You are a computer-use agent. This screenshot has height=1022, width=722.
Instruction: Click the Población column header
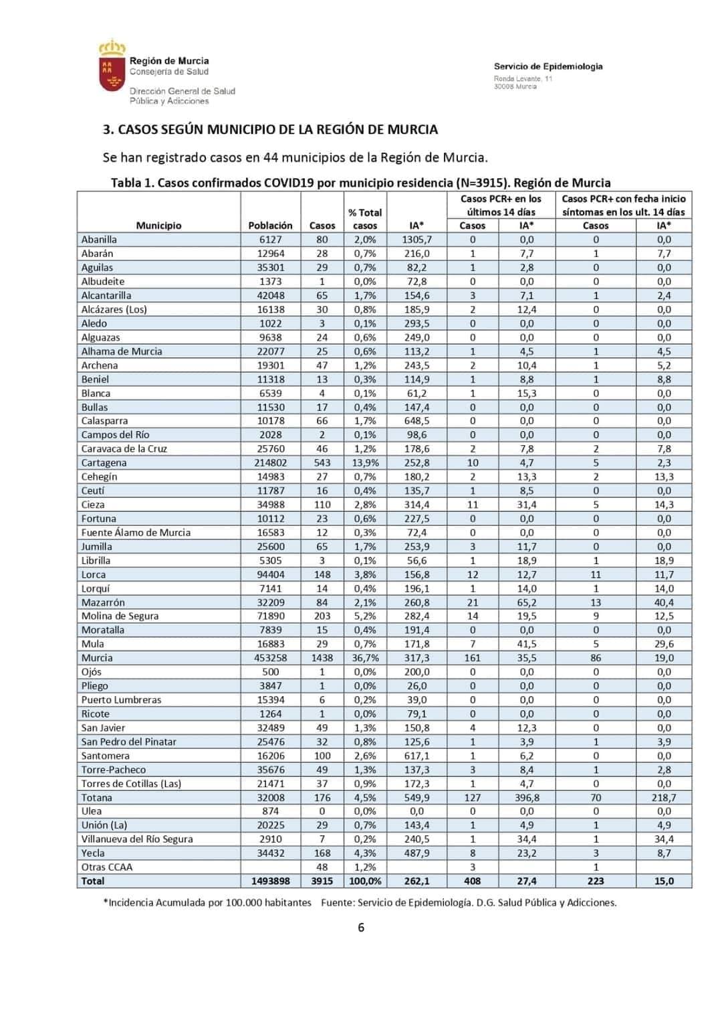tap(270, 226)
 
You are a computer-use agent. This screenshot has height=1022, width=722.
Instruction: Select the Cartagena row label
tap(104, 462)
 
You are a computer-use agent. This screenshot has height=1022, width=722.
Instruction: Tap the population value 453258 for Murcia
tap(270, 658)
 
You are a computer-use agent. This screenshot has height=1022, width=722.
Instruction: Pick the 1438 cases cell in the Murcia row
tap(322, 658)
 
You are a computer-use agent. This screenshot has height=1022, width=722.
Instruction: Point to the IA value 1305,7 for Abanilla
tap(416, 240)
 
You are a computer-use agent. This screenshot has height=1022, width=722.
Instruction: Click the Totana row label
tap(97, 798)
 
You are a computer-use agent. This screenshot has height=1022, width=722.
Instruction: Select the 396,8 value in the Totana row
tap(527, 798)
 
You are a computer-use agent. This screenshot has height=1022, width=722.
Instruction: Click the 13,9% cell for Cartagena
tap(365, 462)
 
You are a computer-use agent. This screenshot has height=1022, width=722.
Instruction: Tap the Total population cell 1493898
tap(270, 881)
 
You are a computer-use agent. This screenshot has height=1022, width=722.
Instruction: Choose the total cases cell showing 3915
tap(322, 881)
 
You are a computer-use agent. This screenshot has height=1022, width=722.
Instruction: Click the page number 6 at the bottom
tap(361, 928)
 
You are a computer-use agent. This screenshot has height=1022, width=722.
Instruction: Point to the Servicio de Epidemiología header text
tap(548, 66)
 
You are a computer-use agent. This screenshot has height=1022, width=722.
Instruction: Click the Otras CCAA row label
tap(107, 867)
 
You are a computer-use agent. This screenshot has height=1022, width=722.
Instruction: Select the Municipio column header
tap(158, 226)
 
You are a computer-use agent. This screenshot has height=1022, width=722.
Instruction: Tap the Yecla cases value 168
tap(322, 853)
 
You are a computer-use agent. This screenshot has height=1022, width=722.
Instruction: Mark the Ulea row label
tap(92, 811)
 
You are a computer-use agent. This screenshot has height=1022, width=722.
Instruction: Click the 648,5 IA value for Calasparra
tap(416, 421)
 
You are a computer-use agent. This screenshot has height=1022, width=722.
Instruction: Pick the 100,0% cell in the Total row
tap(365, 881)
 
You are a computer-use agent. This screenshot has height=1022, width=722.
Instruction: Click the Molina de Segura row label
tap(120, 616)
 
